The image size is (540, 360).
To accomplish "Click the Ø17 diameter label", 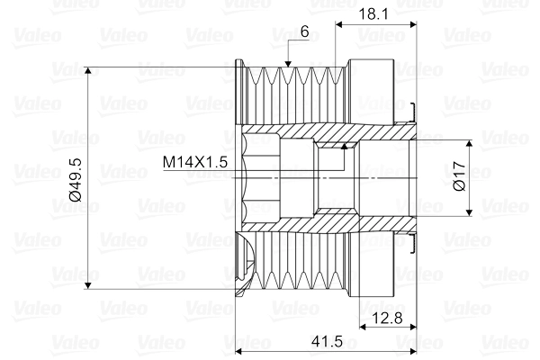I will coord(458,177).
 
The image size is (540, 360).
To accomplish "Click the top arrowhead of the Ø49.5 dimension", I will coord(88,71).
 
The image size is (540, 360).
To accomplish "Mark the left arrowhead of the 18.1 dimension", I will coord(338,26).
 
